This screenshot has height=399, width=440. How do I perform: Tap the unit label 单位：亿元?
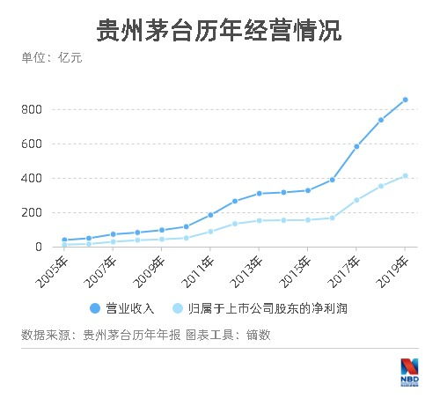pyautogui.click(x=51, y=59)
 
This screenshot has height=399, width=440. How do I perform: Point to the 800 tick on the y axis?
pyautogui.click(x=33, y=109)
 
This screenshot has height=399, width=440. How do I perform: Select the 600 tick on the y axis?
pyautogui.click(x=33, y=144)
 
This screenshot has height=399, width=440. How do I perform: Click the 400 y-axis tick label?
pyautogui.click(x=33, y=178)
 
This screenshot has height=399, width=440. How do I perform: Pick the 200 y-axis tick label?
pyautogui.click(x=33, y=212)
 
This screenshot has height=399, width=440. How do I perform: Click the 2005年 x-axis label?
pyautogui.click(x=53, y=265)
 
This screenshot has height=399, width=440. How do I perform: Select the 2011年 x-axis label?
pyautogui.click(x=199, y=265)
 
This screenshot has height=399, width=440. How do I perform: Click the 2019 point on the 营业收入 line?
pyautogui.click(x=405, y=100)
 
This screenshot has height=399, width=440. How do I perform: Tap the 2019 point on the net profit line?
pyautogui.click(x=405, y=175)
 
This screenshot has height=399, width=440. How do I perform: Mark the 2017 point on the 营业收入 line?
pyautogui.click(x=356, y=146)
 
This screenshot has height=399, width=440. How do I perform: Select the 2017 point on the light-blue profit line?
pyautogui.click(x=356, y=200)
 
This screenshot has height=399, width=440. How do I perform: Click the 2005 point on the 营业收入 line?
pyautogui.click(x=65, y=240)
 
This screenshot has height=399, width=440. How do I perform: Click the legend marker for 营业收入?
pyautogui.click(x=94, y=307)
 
